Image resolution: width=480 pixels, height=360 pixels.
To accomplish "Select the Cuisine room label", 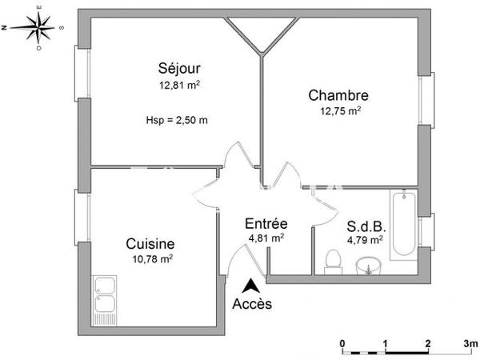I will click(150, 243).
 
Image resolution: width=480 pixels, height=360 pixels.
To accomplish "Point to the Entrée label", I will click(266, 223).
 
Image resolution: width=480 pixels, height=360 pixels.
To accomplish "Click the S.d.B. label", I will click(364, 226).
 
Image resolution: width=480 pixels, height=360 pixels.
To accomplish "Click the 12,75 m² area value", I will click(339, 110).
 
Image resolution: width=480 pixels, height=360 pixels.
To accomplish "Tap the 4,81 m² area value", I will click(266, 237).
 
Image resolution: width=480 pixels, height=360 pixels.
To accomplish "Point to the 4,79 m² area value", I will click(364, 238).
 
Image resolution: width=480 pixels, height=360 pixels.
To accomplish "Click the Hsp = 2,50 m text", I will click(177, 121).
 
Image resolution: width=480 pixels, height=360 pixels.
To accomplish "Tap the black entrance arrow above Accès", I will click(251, 285).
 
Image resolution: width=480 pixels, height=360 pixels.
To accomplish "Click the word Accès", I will click(252, 304).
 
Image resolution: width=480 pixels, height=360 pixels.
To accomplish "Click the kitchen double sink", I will click(106, 296).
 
